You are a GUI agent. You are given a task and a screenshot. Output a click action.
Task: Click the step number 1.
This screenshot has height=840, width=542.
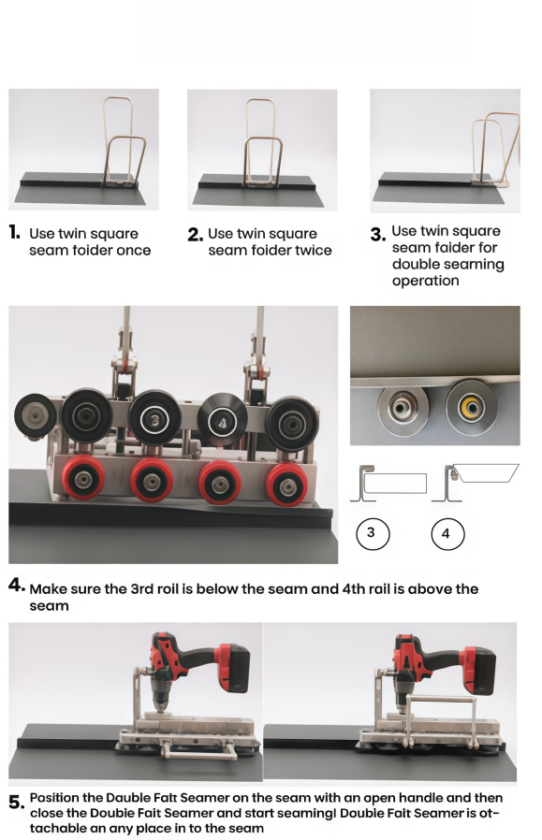pyautogui.click(x=14, y=233)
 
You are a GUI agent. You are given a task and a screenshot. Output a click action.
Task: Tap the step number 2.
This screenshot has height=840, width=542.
pyautogui.click(x=195, y=235)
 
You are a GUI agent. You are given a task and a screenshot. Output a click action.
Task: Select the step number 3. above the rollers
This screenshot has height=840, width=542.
pyautogui.click(x=377, y=235)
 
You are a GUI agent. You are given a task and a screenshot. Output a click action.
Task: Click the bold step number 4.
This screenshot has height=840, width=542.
pyautogui.click(x=17, y=585)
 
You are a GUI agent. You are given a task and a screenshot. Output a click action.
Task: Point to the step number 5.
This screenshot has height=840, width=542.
pyautogui.click(x=16, y=803)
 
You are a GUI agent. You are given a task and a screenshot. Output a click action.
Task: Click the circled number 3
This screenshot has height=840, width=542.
pyautogui.click(x=373, y=533)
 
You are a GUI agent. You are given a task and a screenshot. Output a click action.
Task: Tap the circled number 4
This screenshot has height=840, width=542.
pyautogui.click(x=447, y=533)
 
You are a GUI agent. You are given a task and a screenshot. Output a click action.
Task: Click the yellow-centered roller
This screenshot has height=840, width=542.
pyautogui.click(x=471, y=408)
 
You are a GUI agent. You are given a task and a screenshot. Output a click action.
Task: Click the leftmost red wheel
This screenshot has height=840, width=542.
pyautogui.click(x=83, y=478)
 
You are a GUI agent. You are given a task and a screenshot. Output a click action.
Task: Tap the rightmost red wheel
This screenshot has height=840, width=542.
pyautogui.click(x=287, y=485)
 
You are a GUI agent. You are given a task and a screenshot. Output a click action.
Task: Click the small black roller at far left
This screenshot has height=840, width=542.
pyautogui.click(x=36, y=415)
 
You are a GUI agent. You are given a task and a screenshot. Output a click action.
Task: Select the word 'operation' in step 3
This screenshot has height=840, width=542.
pyautogui.click(x=426, y=282)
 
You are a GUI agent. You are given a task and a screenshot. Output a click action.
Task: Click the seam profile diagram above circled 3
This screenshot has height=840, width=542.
pyautogui.click(x=389, y=484)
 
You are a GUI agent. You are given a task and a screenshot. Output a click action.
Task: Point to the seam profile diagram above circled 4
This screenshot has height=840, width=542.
pyautogui.click(x=476, y=483)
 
